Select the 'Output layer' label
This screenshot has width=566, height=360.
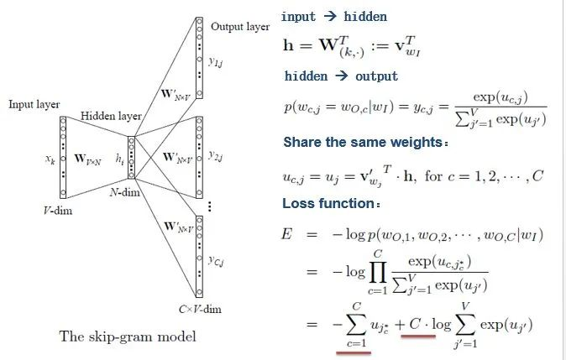[240, 27]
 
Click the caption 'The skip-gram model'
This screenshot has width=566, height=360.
[128, 337]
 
